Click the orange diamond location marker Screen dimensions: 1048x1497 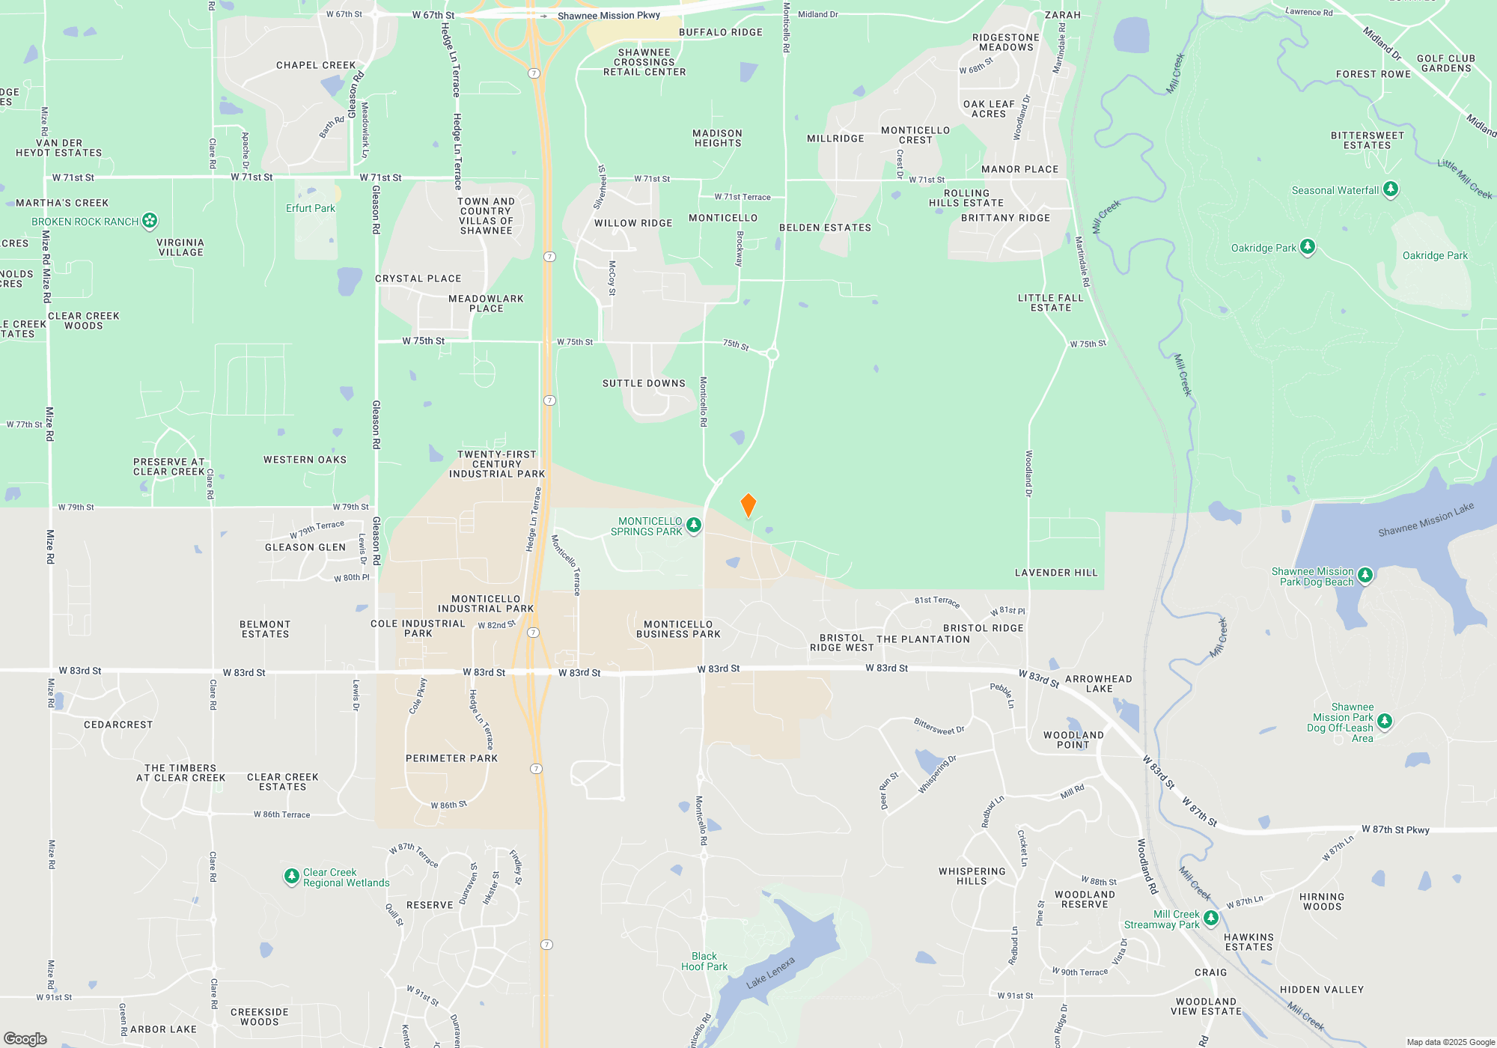748,505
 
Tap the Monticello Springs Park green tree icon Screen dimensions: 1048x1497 694,525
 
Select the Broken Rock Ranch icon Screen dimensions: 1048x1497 150,221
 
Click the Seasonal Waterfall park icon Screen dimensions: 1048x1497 1390,189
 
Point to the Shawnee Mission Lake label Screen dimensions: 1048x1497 1425,520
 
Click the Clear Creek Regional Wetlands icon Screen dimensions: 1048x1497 291,877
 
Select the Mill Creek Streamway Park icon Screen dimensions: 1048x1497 1210,918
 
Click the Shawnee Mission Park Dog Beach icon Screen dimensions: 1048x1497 1365,576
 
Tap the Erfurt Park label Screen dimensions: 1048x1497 310,208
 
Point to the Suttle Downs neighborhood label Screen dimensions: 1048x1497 644,383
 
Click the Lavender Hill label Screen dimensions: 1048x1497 1055,573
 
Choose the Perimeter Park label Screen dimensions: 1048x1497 451,758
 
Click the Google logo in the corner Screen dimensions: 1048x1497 25,1038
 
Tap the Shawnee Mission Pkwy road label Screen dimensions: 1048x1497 609,16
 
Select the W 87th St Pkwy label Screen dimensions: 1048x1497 1395,829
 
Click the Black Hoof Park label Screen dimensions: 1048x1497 704,961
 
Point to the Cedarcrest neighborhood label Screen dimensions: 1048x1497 118,725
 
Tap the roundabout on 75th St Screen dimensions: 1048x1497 772,354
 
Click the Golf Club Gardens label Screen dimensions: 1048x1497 1445,64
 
